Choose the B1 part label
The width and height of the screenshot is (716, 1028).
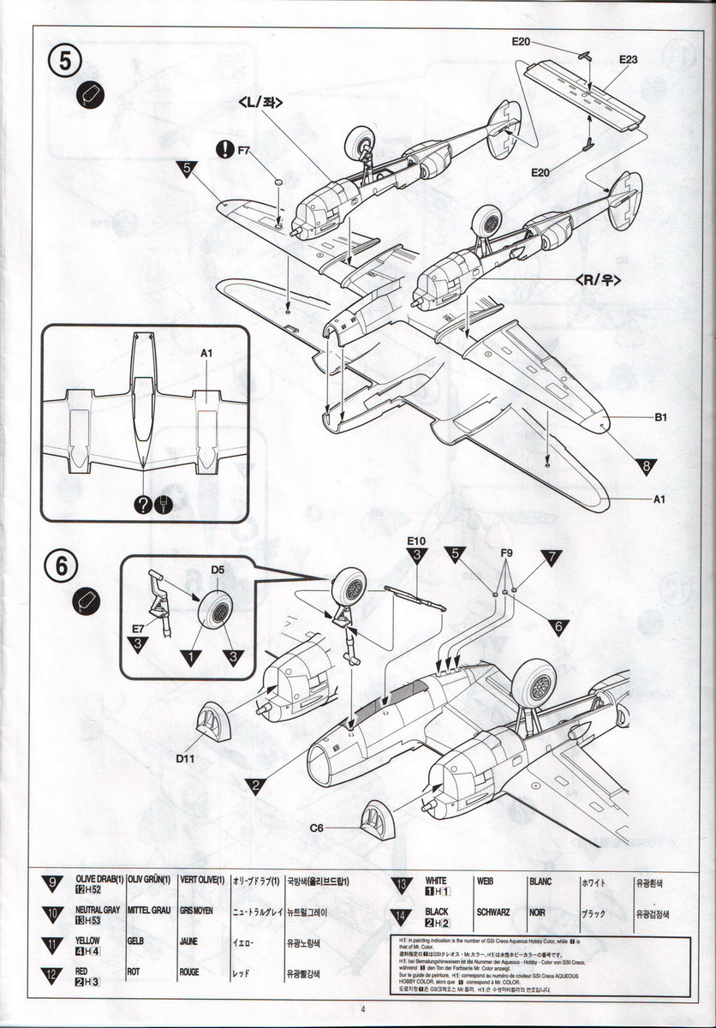(x=660, y=418)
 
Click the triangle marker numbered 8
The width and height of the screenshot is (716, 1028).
(x=647, y=466)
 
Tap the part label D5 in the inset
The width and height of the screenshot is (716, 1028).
(x=218, y=569)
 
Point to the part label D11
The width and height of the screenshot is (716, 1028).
(x=188, y=757)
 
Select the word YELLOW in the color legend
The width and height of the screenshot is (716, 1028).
(x=87, y=940)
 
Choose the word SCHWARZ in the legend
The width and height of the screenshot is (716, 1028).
(x=493, y=912)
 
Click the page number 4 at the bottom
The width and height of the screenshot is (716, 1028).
(x=363, y=1008)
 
